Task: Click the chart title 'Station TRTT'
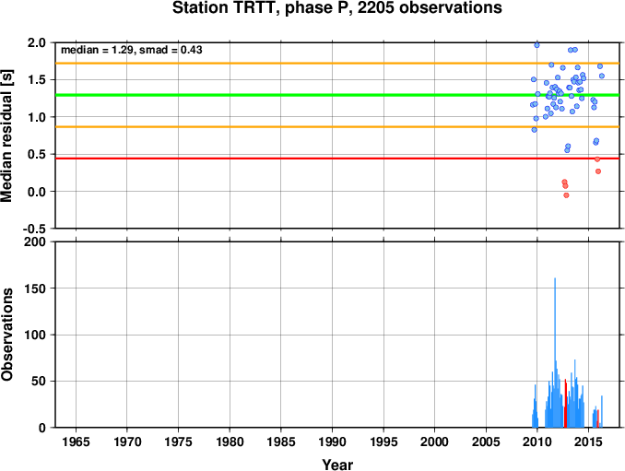[224, 7]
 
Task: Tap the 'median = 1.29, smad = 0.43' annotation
[132, 50]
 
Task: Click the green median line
[337, 95]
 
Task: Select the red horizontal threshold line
[337, 159]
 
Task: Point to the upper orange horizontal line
[337, 64]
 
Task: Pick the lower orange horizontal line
[337, 126]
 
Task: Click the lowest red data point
[566, 195]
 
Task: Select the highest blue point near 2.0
[537, 45]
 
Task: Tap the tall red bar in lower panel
[565, 404]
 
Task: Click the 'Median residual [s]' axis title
[6, 135]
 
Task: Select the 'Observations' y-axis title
[6, 335]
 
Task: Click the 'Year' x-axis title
[337, 465]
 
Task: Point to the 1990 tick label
[332, 442]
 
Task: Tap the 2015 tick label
[588, 442]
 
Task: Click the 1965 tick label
[76, 442]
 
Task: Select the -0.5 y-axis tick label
[34, 229]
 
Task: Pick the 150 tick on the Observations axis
[35, 288]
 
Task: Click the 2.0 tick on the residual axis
[37, 42]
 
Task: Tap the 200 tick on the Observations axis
[35, 241]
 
